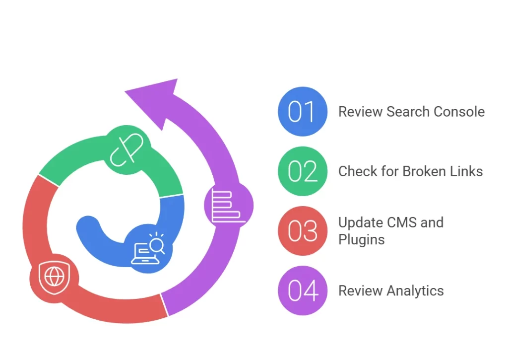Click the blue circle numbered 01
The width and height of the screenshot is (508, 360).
point(303,111)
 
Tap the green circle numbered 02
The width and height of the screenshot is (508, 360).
point(303,171)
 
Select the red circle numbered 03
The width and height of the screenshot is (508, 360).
point(303,231)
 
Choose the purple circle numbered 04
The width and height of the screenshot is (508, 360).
point(303,290)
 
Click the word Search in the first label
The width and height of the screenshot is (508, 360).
point(408,112)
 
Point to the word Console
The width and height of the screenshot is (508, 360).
point(459,112)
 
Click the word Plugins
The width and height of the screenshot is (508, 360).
point(361,240)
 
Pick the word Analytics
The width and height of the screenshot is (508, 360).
point(415,291)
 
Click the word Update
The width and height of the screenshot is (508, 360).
point(358,222)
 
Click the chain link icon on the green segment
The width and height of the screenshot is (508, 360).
point(127,149)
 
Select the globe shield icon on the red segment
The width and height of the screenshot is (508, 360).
point(54,276)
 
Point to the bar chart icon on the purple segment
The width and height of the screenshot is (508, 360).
point(227,205)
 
